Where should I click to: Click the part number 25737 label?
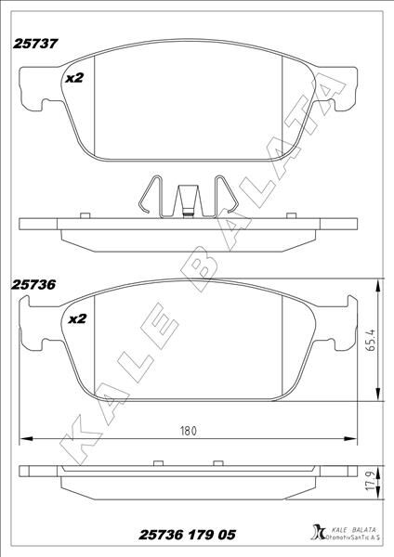click(36, 43)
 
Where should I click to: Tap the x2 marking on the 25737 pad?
click(75, 79)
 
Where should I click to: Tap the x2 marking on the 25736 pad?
click(77, 318)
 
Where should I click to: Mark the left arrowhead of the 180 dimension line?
click(24, 437)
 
